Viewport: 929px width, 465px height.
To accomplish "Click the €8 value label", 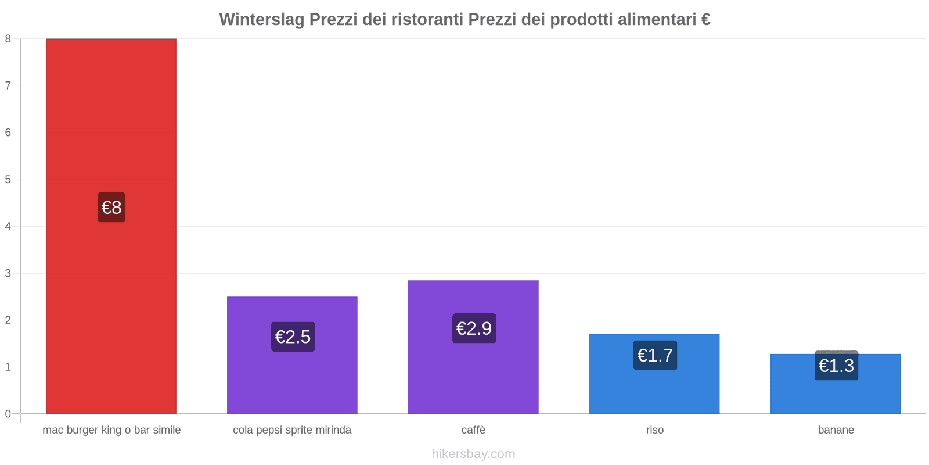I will pyautogui.click(x=111, y=208).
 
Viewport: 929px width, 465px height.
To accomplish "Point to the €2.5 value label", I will pyautogui.click(x=293, y=337).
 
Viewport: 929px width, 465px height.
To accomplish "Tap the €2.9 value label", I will pyautogui.click(x=474, y=328).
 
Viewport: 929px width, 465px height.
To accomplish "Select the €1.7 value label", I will pyautogui.click(x=655, y=355).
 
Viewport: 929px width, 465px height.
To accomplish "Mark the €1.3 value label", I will pyautogui.click(x=836, y=366).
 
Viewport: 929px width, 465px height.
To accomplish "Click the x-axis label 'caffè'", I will pyautogui.click(x=473, y=430).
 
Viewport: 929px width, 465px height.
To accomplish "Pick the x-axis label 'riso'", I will pyautogui.click(x=655, y=430).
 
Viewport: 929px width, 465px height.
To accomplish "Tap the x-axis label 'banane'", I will pyautogui.click(x=836, y=430).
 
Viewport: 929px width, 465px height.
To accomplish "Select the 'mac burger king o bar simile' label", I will pyautogui.click(x=111, y=430).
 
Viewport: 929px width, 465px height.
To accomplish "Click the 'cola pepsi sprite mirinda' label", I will pyautogui.click(x=292, y=430).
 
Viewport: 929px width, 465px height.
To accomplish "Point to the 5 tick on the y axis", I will pyautogui.click(x=8, y=179).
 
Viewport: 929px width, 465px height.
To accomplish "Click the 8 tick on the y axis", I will pyautogui.click(x=8, y=39).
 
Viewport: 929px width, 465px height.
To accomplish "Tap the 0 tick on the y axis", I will pyautogui.click(x=8, y=414).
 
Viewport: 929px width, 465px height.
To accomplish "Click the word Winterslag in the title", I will pyautogui.click(x=261, y=20).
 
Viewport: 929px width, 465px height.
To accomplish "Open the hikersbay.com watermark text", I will pyautogui.click(x=473, y=454).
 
